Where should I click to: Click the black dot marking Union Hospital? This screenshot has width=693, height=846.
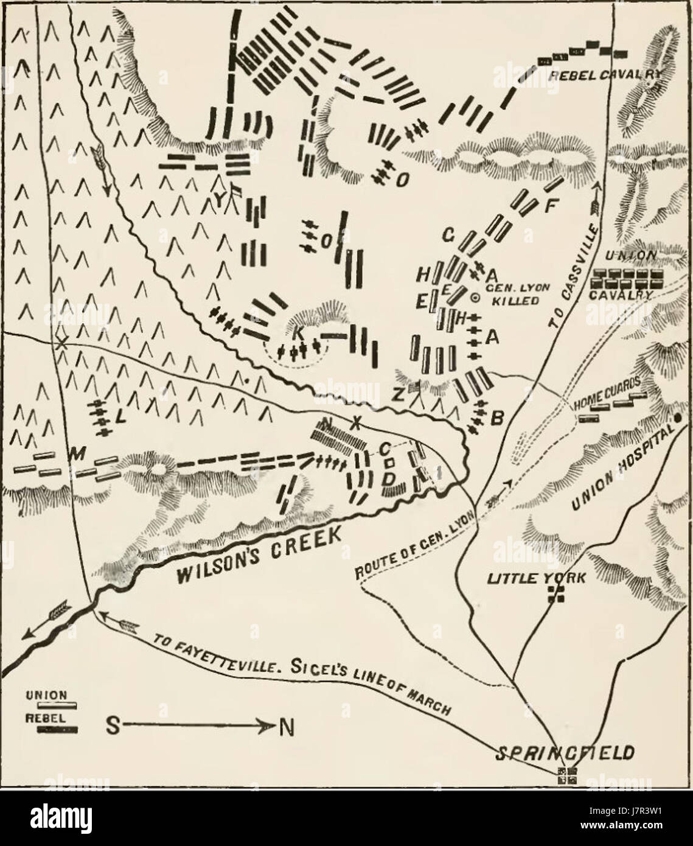[676, 418]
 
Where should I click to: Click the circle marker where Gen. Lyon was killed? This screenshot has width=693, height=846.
[476, 297]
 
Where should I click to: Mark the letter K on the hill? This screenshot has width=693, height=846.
[297, 334]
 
